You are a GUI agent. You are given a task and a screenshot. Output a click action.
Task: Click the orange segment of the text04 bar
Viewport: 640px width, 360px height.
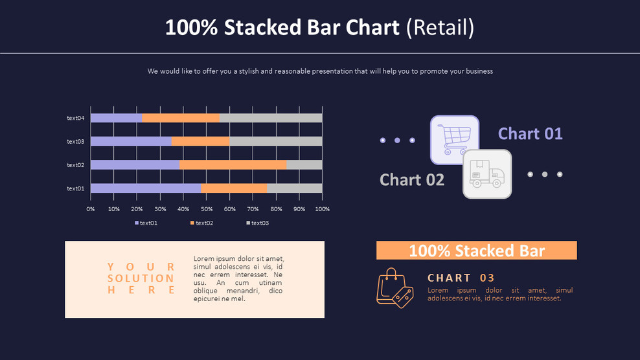[x=181, y=118]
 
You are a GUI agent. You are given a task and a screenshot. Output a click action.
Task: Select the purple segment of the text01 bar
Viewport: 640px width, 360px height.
[x=145, y=188]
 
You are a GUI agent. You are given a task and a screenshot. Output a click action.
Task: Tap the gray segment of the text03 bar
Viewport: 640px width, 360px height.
[x=276, y=141]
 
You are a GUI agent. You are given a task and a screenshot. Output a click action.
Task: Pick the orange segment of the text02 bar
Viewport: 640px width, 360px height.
[x=233, y=165]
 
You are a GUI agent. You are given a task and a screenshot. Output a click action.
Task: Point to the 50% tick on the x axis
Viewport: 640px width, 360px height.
[x=207, y=209]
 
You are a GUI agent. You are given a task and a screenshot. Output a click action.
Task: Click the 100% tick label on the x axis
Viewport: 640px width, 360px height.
[x=322, y=209]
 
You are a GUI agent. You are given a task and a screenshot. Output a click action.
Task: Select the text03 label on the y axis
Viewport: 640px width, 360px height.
[x=76, y=141]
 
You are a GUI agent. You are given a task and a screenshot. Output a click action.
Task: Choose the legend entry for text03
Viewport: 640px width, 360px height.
[x=257, y=223]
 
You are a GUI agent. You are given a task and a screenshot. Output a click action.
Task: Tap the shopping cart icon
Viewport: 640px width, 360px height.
[x=454, y=139]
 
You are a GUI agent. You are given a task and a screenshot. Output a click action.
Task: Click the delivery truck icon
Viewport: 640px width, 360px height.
[x=487, y=174]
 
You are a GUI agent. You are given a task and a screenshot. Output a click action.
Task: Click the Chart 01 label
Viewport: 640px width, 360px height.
[x=530, y=133]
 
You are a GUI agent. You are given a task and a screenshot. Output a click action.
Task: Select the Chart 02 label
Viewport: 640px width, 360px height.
[x=412, y=179]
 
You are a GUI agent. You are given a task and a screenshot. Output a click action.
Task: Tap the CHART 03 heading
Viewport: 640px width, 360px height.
[x=461, y=278]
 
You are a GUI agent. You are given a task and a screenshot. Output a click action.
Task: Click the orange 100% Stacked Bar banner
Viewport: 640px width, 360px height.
[x=476, y=251]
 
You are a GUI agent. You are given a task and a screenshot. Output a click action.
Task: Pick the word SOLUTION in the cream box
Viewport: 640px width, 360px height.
[x=141, y=278]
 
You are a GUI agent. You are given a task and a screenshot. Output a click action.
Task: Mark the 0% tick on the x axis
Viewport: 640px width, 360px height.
[x=91, y=209]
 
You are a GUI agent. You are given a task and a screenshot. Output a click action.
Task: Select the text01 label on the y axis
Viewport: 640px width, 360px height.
[x=76, y=188]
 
